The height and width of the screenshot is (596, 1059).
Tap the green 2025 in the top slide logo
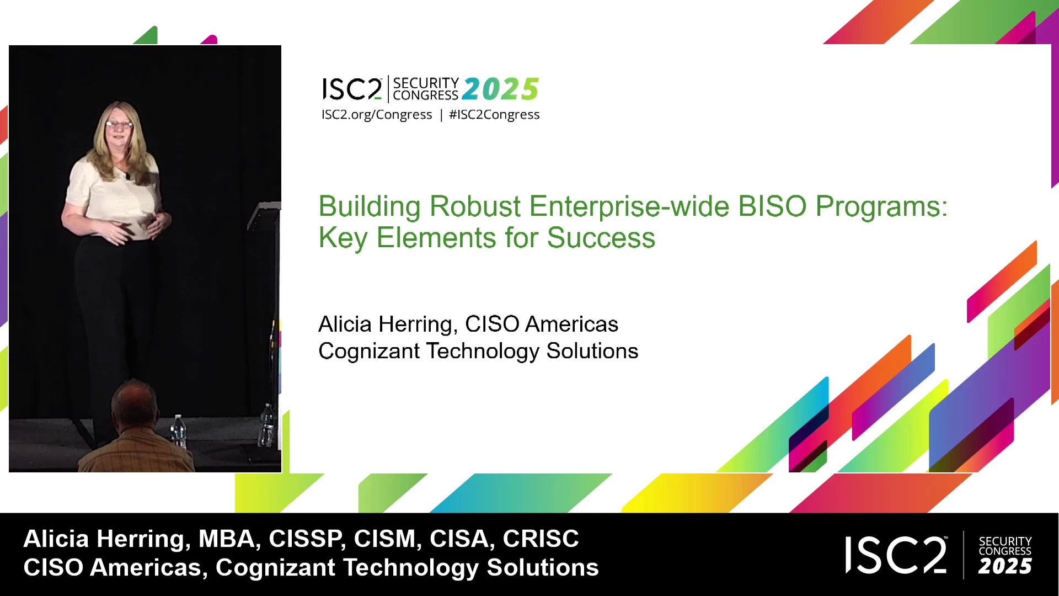(x=500, y=89)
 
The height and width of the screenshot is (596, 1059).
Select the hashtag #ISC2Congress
(x=494, y=115)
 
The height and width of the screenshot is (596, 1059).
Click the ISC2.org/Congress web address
(x=377, y=115)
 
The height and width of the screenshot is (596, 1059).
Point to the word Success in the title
(x=601, y=238)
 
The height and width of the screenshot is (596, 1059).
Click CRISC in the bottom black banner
(x=541, y=539)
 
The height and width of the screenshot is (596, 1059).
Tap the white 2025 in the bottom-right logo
(x=1005, y=566)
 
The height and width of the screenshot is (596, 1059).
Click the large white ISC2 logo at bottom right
(x=896, y=555)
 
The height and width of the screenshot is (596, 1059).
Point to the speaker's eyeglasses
(x=119, y=124)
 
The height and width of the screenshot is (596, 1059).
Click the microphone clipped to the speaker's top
(x=127, y=177)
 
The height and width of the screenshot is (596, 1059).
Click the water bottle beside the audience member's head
(x=178, y=430)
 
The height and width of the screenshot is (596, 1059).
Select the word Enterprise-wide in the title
(x=629, y=207)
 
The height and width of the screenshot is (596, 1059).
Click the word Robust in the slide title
(x=475, y=206)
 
